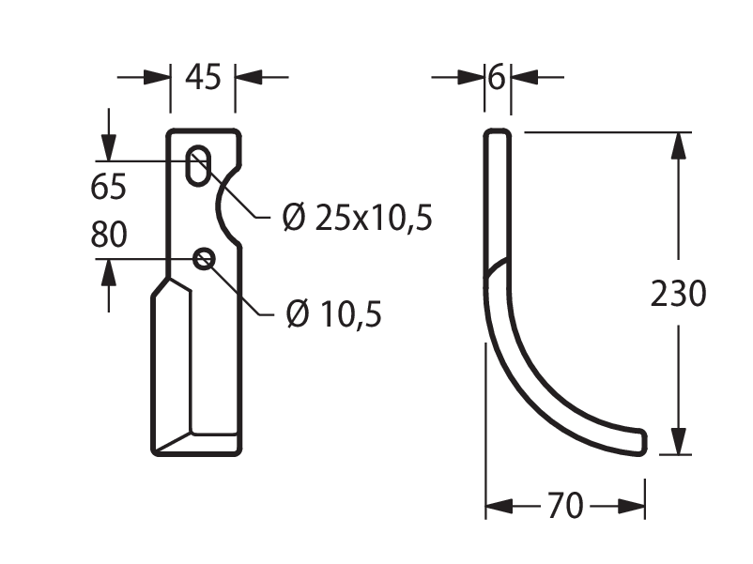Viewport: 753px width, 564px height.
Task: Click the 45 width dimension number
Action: [x=203, y=77]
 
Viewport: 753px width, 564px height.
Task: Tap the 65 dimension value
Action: [x=109, y=186]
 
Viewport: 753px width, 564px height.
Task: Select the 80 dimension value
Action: [x=109, y=235]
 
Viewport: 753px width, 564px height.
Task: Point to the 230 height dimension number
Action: [x=678, y=294]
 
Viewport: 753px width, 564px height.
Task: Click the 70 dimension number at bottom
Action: [x=565, y=506]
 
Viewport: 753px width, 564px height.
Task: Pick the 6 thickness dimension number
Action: [x=497, y=77]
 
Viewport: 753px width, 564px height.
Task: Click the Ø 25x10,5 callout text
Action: [x=358, y=218]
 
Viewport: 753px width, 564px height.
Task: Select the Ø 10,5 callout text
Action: [x=333, y=314]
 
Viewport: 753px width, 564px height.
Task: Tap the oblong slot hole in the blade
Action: [x=198, y=165]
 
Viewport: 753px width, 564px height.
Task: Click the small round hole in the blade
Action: [x=204, y=259]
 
